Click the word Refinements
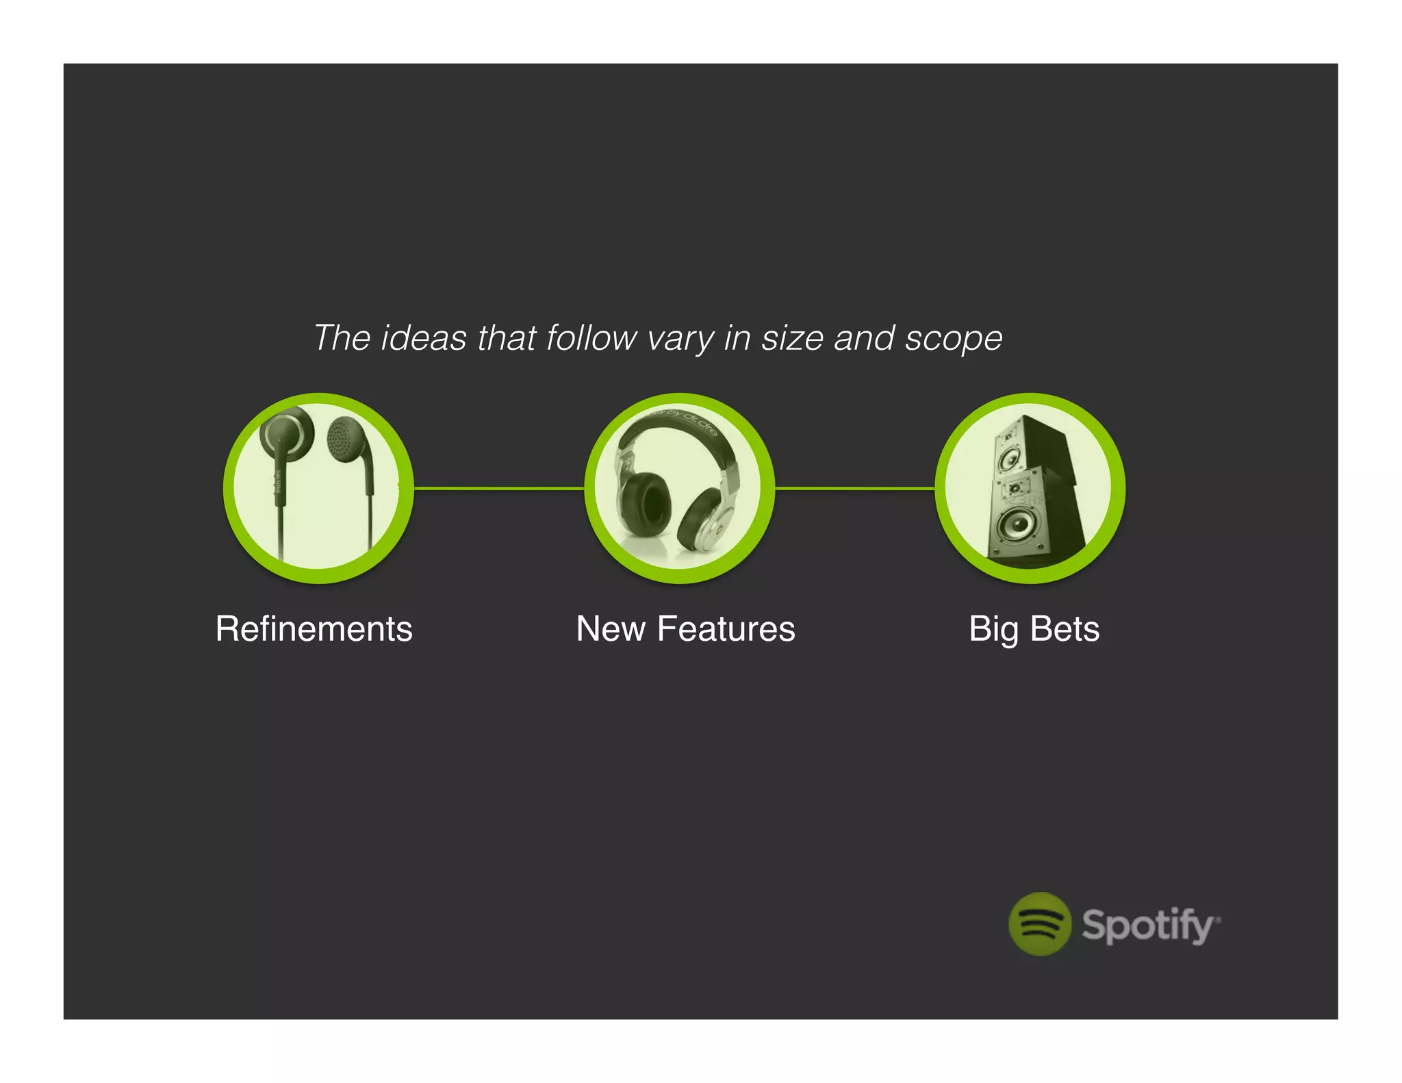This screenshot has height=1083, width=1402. tap(314, 628)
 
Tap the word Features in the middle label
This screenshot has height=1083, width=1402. tap(726, 628)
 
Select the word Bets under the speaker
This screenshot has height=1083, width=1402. tap(1065, 628)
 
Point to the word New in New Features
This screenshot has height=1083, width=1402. tap(611, 628)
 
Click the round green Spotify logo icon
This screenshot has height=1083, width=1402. tap(1039, 923)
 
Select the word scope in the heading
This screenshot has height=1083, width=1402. tap(953, 337)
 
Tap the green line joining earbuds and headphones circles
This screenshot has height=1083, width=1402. tap(498, 488)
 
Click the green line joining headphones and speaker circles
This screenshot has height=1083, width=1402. tap(854, 488)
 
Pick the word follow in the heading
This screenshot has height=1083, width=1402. tap(591, 337)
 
